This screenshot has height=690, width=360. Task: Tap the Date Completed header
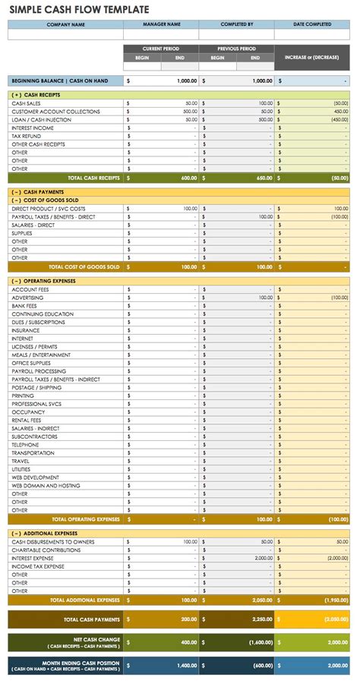coord(312,24)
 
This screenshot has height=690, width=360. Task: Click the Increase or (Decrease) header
coord(312,57)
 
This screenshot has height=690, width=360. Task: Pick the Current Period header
coord(160,49)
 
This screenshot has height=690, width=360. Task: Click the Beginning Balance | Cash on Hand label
coord(58,80)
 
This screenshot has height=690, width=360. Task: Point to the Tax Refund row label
coord(27,136)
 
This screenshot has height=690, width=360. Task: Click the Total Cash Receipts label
coord(94,178)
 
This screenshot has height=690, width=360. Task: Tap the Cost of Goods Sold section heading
coord(39,200)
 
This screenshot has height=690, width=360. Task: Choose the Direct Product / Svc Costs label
coord(49,208)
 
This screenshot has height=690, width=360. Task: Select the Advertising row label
coord(27,298)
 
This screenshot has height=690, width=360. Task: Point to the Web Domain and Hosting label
coord(46,486)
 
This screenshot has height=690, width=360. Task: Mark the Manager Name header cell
coord(160,24)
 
